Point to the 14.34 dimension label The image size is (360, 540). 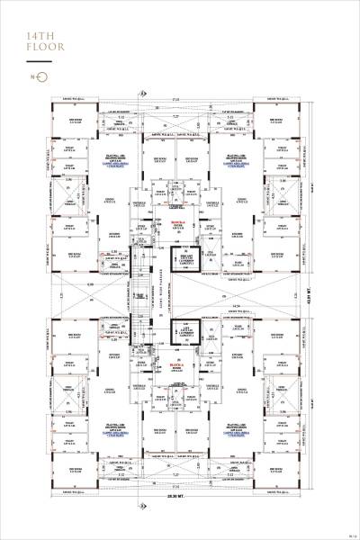click(235, 308)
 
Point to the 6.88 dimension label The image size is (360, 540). click(90, 285)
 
